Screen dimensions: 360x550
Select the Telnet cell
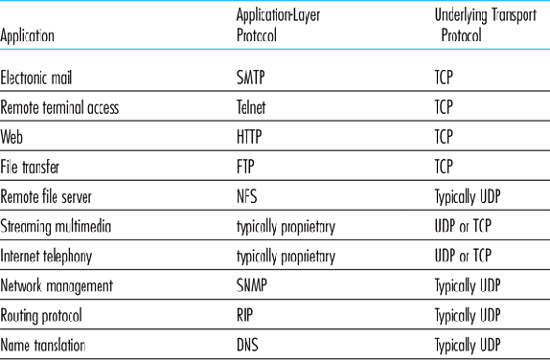(252, 108)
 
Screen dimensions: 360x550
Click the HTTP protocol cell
(250, 138)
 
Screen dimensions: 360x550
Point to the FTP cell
(246, 167)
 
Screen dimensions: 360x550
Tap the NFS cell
(247, 196)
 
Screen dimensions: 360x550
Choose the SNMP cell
(252, 285)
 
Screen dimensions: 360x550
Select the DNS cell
(247, 344)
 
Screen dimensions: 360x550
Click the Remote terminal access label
(60, 108)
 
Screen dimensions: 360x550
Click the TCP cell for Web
(443, 138)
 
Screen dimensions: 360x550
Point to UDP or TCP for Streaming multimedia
(465, 226)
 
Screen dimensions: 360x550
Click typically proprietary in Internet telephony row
(286, 256)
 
